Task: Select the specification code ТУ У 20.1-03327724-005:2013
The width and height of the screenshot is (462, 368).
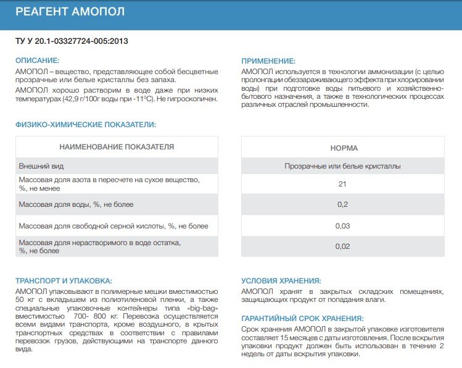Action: [73, 41]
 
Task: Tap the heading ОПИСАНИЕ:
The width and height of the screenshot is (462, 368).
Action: [37, 61]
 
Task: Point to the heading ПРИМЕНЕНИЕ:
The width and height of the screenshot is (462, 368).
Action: [268, 61]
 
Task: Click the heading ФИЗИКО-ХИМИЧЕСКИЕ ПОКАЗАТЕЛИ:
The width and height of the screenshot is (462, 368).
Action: [85, 124]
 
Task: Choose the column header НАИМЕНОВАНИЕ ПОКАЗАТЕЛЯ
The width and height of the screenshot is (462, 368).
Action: [117, 147]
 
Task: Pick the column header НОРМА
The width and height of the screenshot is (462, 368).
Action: [344, 148]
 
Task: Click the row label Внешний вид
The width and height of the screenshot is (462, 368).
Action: [41, 166]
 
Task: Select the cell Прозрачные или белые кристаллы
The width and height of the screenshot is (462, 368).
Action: [343, 166]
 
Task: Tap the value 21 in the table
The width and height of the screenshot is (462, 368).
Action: [343, 184]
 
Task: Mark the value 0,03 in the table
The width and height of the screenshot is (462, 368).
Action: [343, 226]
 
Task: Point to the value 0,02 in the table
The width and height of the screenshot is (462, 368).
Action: [343, 247]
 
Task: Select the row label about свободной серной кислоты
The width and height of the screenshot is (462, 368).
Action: [113, 226]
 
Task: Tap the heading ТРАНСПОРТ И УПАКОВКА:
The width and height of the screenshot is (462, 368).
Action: [63, 280]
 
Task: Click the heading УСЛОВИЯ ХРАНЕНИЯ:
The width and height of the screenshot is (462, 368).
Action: [281, 280]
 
